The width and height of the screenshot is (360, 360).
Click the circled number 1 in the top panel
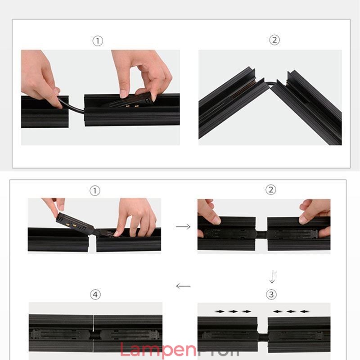pos(98,41)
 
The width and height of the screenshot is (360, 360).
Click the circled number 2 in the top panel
pos(274,40)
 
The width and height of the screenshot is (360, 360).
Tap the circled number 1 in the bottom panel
pos(94,190)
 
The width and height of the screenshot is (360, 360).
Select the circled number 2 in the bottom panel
pos(270,189)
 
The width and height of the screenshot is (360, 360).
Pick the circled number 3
pos(270,295)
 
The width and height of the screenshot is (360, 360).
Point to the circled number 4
pos(95,295)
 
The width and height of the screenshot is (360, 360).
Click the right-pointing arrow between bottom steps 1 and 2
pos(183,227)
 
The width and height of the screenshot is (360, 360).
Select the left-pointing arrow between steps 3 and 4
pos(183,286)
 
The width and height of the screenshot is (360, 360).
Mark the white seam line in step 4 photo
pos(94,333)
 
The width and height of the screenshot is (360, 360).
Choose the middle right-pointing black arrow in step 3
pos(233,311)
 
